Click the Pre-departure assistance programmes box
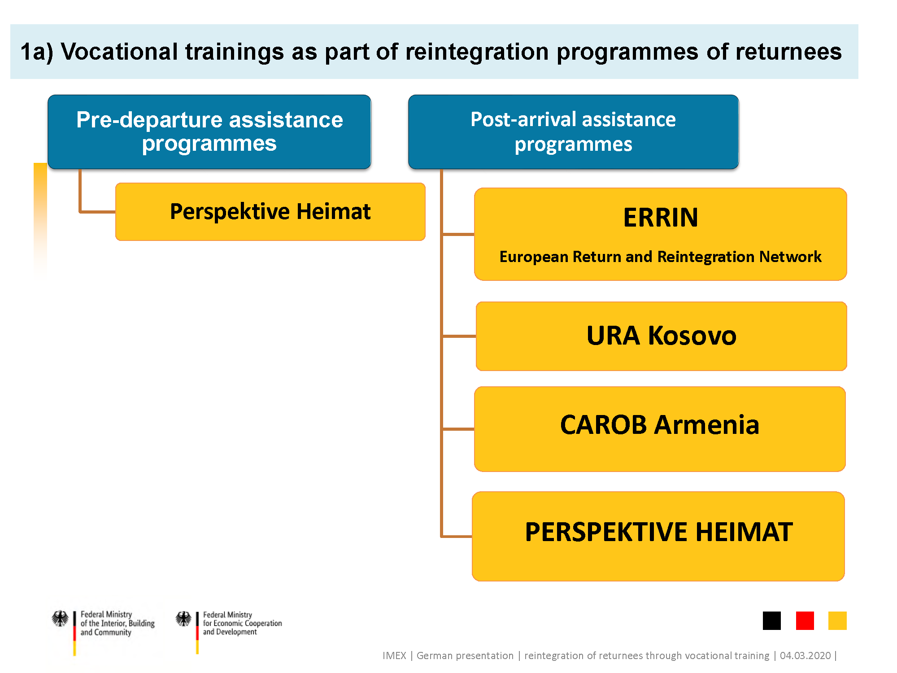click(209, 132)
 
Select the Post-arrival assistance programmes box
click(573, 132)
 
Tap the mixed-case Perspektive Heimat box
click(270, 212)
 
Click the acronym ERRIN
click(661, 218)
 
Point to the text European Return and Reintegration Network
click(660, 257)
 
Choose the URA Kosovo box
click(661, 336)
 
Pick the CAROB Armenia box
click(660, 429)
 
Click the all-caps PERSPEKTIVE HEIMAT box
click(658, 536)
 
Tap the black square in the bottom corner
click(771, 621)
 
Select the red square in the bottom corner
click(805, 621)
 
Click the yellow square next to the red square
click(837, 621)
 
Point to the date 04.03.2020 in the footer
click(806, 656)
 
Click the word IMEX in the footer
click(394, 656)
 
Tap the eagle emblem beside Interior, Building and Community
click(60, 618)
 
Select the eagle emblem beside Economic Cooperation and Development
click(183, 619)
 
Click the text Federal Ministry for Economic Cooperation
click(242, 619)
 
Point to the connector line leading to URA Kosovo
click(459, 336)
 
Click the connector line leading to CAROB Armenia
click(458, 429)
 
